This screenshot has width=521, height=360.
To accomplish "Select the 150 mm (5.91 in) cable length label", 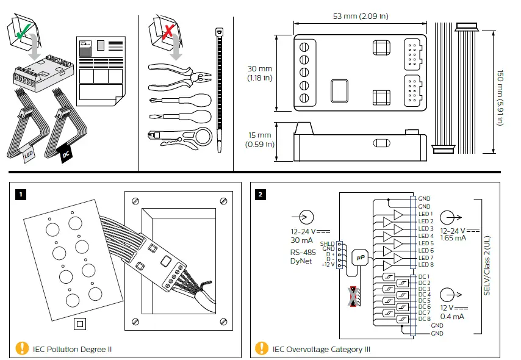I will pos(499,89).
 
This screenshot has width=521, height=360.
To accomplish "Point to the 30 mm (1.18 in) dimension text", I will pos(260,73).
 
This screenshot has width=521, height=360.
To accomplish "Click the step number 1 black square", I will pos(21,195).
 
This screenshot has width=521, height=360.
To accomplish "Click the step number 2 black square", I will pos(261,195).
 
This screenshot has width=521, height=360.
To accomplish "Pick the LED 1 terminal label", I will pos(426,214).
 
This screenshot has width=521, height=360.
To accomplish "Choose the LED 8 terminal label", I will pos(426,265).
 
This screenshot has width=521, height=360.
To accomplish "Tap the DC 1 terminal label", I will pos(425,276).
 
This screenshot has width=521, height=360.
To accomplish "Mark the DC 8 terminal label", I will pos(425,319).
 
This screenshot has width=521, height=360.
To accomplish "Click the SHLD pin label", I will pos(327,243).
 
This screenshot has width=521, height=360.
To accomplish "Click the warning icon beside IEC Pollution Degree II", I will pos(22,348).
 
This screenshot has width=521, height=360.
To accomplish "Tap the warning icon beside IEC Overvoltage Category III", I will pos(262,348).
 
